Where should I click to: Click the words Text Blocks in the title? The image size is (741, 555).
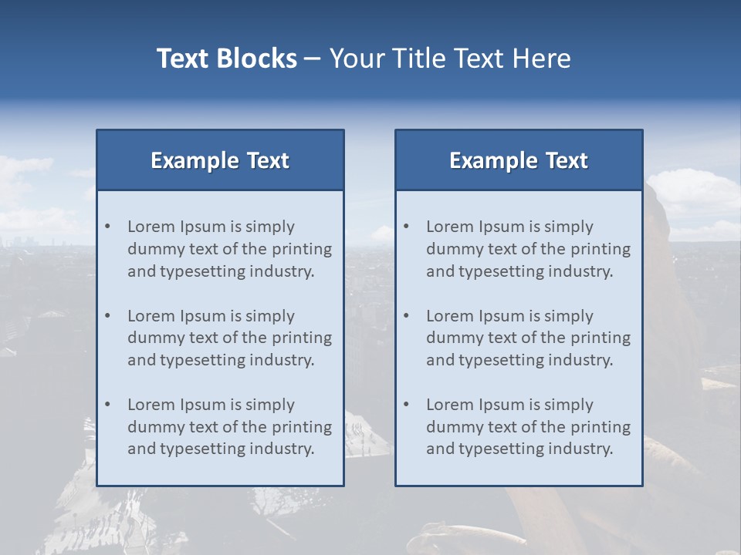point(226,59)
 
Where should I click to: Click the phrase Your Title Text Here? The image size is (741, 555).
point(450,59)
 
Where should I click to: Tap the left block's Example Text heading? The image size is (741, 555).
point(220,160)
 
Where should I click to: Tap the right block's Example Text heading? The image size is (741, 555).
point(519,160)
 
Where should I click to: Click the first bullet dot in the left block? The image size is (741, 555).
point(107,227)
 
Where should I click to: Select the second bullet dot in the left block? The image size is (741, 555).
point(107,316)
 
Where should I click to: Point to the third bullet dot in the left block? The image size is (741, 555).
point(107,405)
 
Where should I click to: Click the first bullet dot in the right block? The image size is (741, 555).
point(406,227)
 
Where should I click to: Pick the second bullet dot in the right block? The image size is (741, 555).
point(406,316)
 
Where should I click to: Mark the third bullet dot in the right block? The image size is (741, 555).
point(406,405)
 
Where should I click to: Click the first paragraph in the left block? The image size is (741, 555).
point(229,249)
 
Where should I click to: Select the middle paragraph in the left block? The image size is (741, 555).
point(229,338)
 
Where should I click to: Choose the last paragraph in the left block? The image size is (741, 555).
point(229,427)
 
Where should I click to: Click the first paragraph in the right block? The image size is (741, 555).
point(528,249)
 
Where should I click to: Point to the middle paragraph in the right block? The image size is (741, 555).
point(528,338)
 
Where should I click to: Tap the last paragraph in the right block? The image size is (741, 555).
point(528,427)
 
